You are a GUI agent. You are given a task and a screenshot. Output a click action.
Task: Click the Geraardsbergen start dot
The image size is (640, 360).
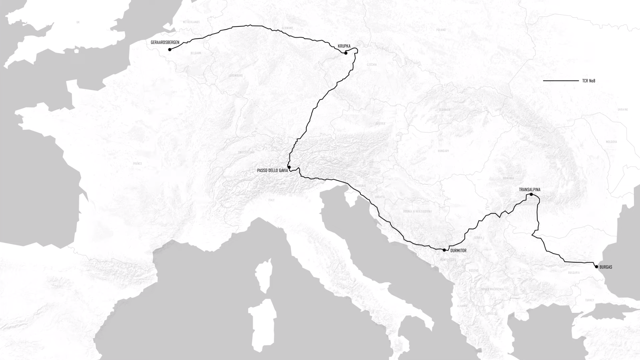(170, 49)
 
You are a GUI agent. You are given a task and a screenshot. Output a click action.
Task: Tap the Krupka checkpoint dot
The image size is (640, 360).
(346, 53)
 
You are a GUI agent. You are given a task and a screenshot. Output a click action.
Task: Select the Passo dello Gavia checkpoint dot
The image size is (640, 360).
(289, 167)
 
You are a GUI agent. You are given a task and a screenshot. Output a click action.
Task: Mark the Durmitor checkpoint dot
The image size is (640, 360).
(444, 250)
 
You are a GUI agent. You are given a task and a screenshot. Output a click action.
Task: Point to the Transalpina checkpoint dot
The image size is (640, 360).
(531, 194)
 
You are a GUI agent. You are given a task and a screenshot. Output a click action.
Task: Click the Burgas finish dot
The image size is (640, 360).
(597, 267)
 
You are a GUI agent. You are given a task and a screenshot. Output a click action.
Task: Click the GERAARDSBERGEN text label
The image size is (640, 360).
(165, 43)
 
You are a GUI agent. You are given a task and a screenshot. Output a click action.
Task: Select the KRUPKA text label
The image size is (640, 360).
(344, 46)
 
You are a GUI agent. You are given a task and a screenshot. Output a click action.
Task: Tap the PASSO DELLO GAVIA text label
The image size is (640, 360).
(272, 171)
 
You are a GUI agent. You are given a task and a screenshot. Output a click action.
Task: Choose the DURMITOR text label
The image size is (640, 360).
(458, 251)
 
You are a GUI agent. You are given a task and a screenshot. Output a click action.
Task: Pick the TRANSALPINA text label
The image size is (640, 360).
(529, 189)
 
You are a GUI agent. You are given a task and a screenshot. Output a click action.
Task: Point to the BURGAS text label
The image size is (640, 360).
(606, 267)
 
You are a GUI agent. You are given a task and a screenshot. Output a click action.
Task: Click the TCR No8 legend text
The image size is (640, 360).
(589, 81)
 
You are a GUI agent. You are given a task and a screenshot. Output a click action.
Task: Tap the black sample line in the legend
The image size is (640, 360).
(560, 80)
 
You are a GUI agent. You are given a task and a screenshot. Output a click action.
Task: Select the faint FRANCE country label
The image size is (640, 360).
(137, 163)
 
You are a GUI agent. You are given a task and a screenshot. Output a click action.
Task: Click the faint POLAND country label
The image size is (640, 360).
(441, 30)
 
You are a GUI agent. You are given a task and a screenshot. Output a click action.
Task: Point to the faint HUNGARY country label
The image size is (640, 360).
(443, 151)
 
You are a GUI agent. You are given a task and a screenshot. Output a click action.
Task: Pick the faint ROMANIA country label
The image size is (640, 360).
(508, 178)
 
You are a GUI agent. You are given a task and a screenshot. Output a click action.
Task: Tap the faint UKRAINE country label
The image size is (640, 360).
(623, 109)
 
